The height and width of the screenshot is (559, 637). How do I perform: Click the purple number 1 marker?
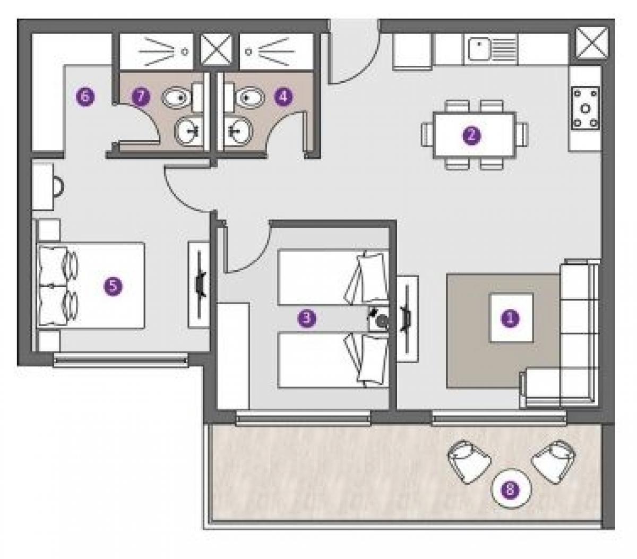pos(510,318)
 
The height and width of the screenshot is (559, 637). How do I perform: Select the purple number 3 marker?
pos(307,318)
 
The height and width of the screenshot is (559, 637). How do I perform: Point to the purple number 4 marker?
pos(283,97)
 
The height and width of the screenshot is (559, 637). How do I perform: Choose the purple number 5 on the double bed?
pos(113,287)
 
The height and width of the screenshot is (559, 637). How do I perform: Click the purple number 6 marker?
pos(85,97)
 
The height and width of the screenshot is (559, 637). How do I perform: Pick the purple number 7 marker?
pos(141,96)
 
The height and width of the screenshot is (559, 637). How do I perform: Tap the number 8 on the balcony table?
pos(510,489)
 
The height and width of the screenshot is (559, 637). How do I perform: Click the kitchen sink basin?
pos(478,49)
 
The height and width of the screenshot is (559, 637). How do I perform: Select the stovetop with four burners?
pos(586,108)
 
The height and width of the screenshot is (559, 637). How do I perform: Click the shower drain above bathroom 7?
pos(185,51)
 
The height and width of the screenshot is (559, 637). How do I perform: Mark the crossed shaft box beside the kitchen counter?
pos(592,43)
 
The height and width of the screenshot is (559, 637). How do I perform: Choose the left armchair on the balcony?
pos(469,461)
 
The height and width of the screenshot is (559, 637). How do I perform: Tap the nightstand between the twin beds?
pos(378,319)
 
